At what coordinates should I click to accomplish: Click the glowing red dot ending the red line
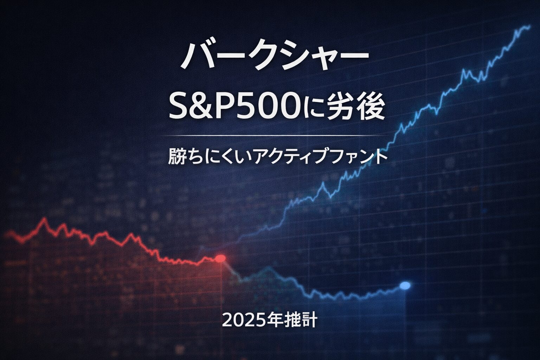[x=220, y=258]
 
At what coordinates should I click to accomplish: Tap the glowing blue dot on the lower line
[x=405, y=285]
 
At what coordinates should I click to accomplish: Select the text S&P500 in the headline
[x=235, y=109]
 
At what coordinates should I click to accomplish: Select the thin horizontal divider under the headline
[x=274, y=135]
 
